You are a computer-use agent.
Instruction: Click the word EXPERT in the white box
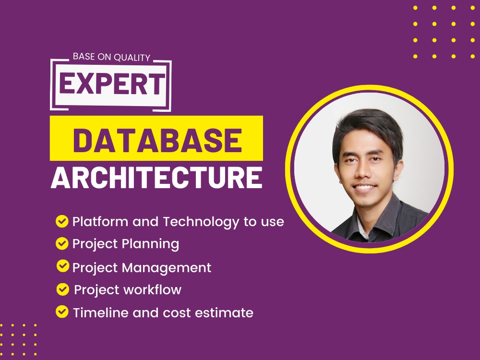point(111,84)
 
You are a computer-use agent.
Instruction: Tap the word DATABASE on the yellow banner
point(157,139)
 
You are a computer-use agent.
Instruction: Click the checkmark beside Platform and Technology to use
point(62,221)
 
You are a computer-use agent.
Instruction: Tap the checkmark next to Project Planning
point(62,243)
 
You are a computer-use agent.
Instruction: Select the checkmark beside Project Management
point(62,266)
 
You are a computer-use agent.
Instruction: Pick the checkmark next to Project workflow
point(62,289)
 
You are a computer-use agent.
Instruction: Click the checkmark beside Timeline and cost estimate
point(62,312)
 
